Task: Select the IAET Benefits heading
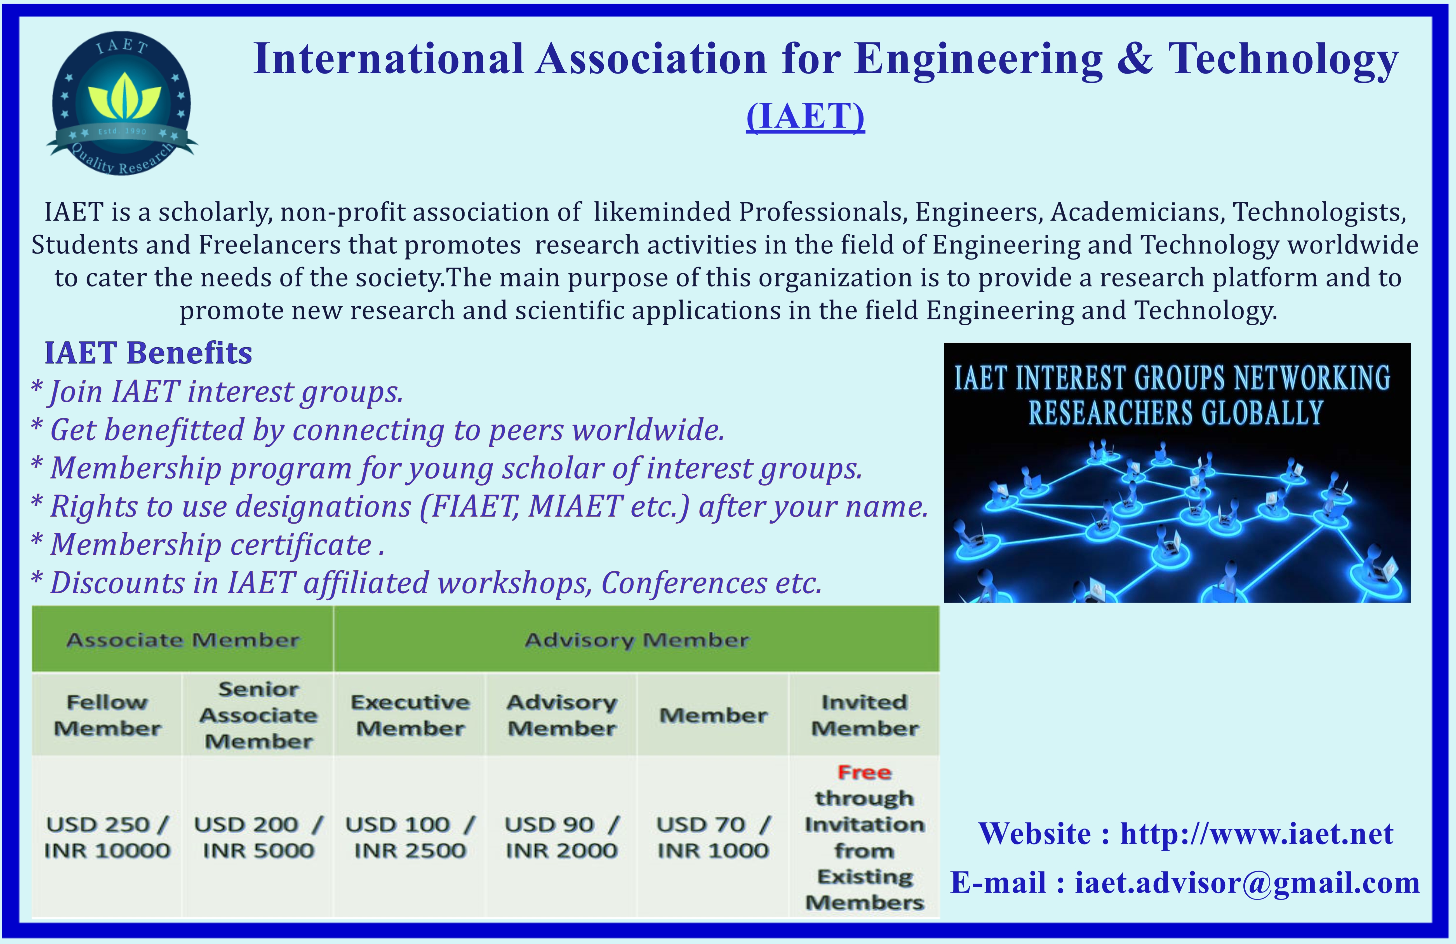tap(148, 353)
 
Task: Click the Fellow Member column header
tap(107, 715)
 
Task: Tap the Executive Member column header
tap(410, 715)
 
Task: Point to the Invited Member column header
tap(864, 715)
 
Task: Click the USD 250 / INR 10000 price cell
tap(107, 837)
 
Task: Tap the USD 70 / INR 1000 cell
tap(713, 837)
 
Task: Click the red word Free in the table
tap(864, 772)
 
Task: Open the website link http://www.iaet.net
tap(1257, 833)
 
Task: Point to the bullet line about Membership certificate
tap(208, 545)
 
